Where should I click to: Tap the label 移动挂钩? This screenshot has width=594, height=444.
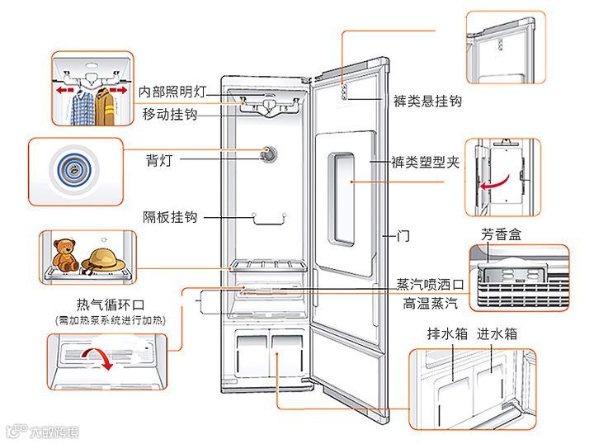tap(168, 113)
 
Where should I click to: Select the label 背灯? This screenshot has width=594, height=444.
tap(160, 158)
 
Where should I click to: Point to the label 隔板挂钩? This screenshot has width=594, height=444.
tap(169, 217)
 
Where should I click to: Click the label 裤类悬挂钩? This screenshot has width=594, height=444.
tap(427, 101)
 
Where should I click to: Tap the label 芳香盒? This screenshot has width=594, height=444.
tap(502, 234)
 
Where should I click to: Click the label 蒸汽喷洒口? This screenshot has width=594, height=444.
tap(430, 284)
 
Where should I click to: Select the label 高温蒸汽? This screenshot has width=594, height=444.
tap(431, 303)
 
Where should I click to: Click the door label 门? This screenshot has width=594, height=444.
tap(403, 236)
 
